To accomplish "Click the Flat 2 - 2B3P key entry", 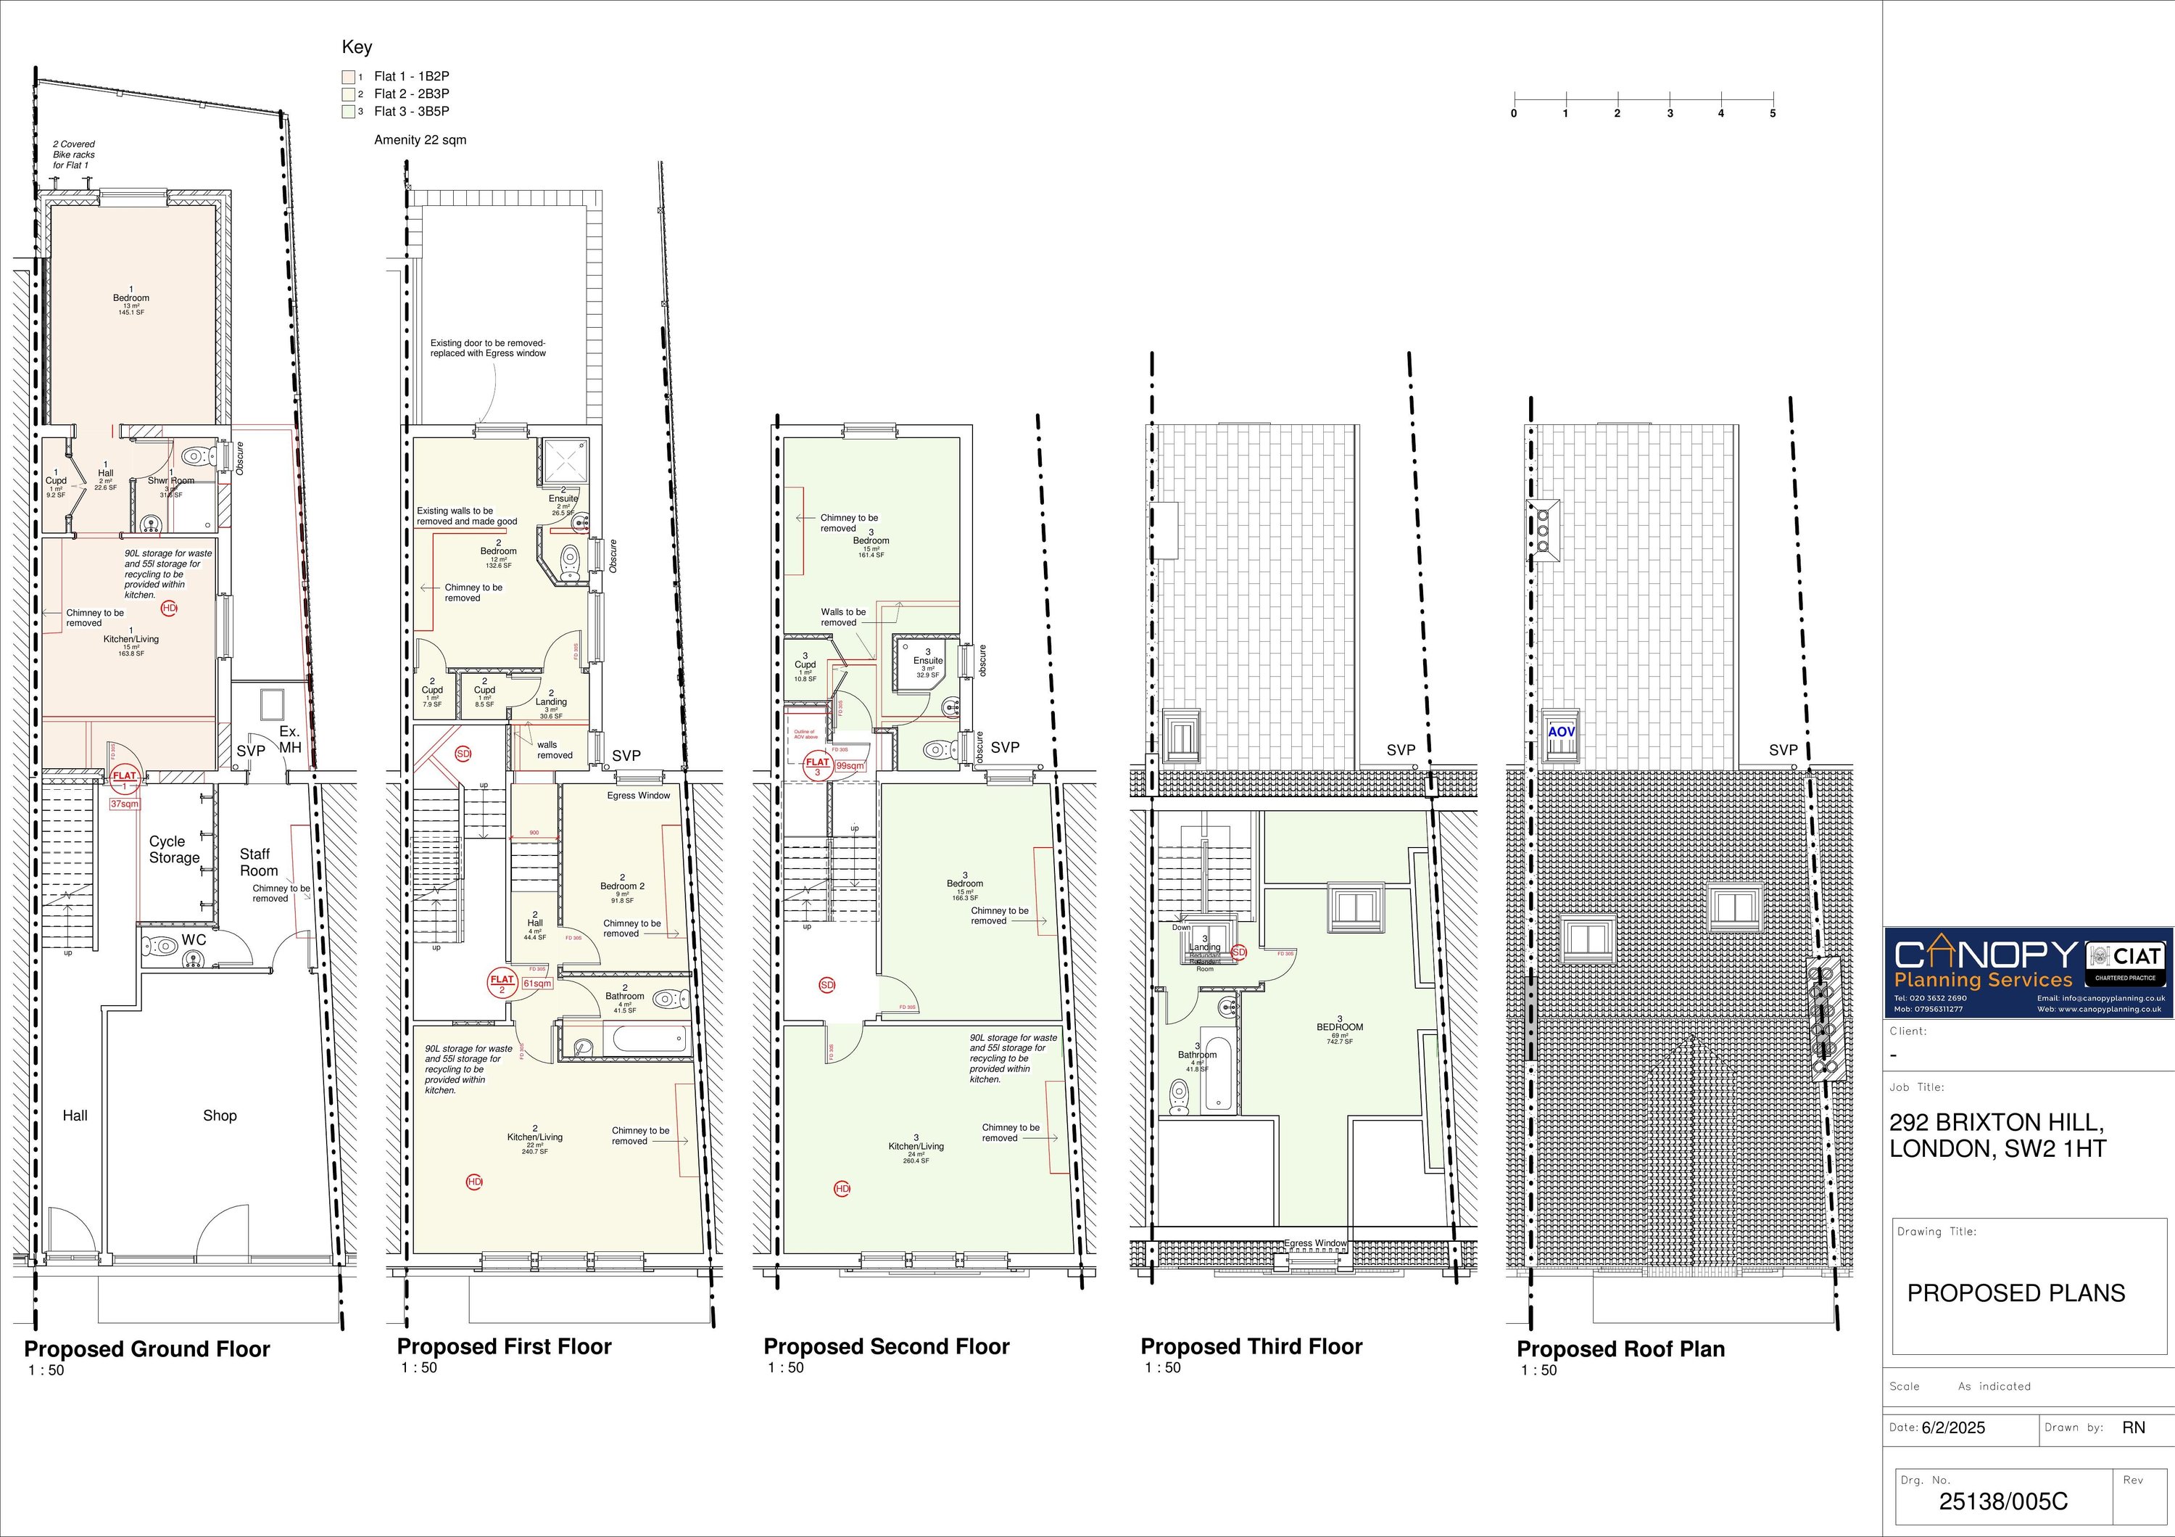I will click(x=410, y=94).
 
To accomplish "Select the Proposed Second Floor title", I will click(x=886, y=1346).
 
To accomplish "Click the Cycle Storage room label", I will click(x=174, y=849).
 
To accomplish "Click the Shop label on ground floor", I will click(x=220, y=1116).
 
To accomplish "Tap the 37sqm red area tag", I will click(x=125, y=804).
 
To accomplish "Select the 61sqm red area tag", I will click(x=537, y=984).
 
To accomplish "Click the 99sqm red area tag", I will click(x=850, y=766).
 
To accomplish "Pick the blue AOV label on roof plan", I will click(x=1560, y=732).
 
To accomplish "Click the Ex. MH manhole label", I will click(x=290, y=739).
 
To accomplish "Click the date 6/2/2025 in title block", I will click(x=1952, y=1428).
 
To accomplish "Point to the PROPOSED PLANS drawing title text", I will click(x=2015, y=1293).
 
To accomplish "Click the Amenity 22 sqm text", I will click(x=420, y=140).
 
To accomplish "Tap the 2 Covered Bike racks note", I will click(x=74, y=154).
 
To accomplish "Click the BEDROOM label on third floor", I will click(x=1340, y=1027).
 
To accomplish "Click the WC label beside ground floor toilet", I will click(x=194, y=941).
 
